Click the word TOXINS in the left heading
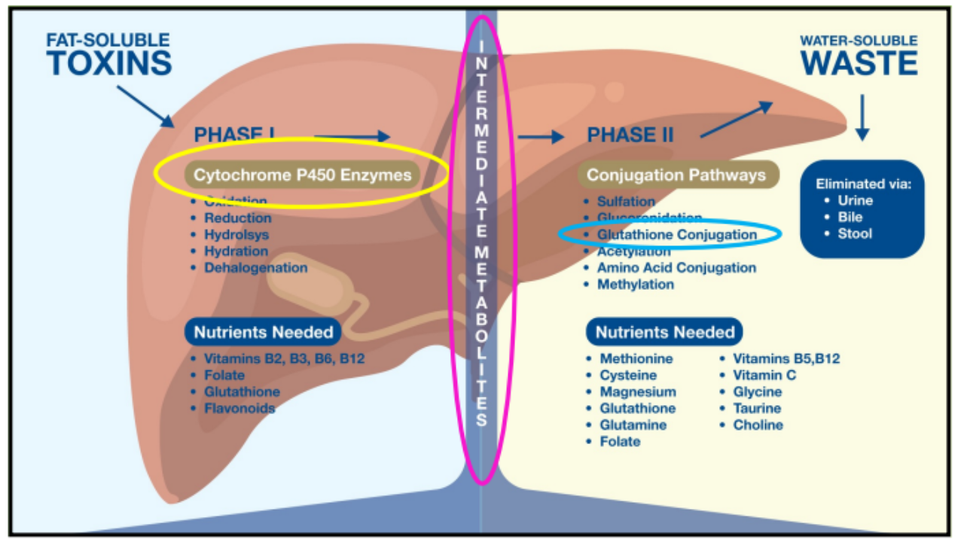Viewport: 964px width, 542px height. (109, 63)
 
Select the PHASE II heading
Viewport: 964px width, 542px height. (630, 135)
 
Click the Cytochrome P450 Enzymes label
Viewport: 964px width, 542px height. (303, 175)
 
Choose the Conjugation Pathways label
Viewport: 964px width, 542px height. (676, 175)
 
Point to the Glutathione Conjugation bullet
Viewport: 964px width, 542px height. (676, 235)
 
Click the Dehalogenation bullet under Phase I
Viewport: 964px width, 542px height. (255, 268)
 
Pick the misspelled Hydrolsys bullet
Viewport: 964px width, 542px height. (236, 235)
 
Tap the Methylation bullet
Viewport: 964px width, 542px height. (636, 285)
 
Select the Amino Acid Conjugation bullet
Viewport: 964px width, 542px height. (676, 268)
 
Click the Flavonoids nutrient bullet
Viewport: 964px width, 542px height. (239, 409)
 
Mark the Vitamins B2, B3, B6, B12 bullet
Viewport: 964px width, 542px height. (284, 359)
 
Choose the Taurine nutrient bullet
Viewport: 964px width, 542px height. (757, 409)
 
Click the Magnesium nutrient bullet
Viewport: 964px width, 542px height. (637, 392)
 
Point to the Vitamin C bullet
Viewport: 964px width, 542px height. (764, 376)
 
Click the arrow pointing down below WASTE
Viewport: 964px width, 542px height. (863, 117)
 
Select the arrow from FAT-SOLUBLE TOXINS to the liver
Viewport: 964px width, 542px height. (145, 106)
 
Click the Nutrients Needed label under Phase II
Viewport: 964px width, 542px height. (664, 332)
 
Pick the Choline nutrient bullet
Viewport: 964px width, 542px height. (758, 425)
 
